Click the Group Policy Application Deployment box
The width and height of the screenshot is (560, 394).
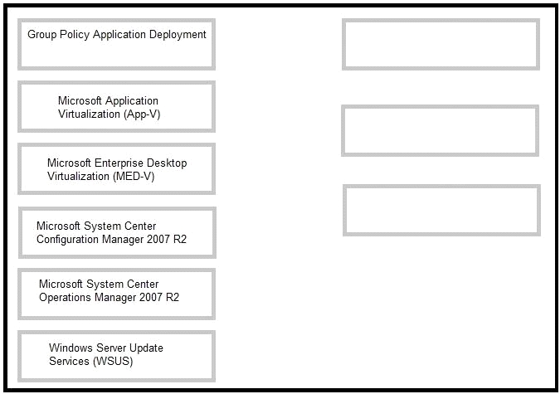point(116,44)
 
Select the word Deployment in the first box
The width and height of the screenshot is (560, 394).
point(178,35)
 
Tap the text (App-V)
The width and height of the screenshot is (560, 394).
point(142,114)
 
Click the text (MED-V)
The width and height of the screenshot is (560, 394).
point(134,177)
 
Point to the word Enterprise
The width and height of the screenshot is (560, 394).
point(119,163)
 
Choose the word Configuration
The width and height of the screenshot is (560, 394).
point(68,240)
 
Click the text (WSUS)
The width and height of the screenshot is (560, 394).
point(113,361)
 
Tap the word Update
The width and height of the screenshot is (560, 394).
point(146,348)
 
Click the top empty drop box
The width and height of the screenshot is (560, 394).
point(441,44)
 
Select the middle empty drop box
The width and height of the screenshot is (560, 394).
point(440,130)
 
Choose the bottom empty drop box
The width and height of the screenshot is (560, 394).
point(442,210)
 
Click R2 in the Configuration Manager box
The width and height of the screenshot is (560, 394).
point(180,240)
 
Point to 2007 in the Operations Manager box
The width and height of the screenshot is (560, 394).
point(151,298)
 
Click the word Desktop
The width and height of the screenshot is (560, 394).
point(167,163)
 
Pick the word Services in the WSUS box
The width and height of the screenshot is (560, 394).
point(70,361)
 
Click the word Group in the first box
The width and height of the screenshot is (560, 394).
point(42,35)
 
